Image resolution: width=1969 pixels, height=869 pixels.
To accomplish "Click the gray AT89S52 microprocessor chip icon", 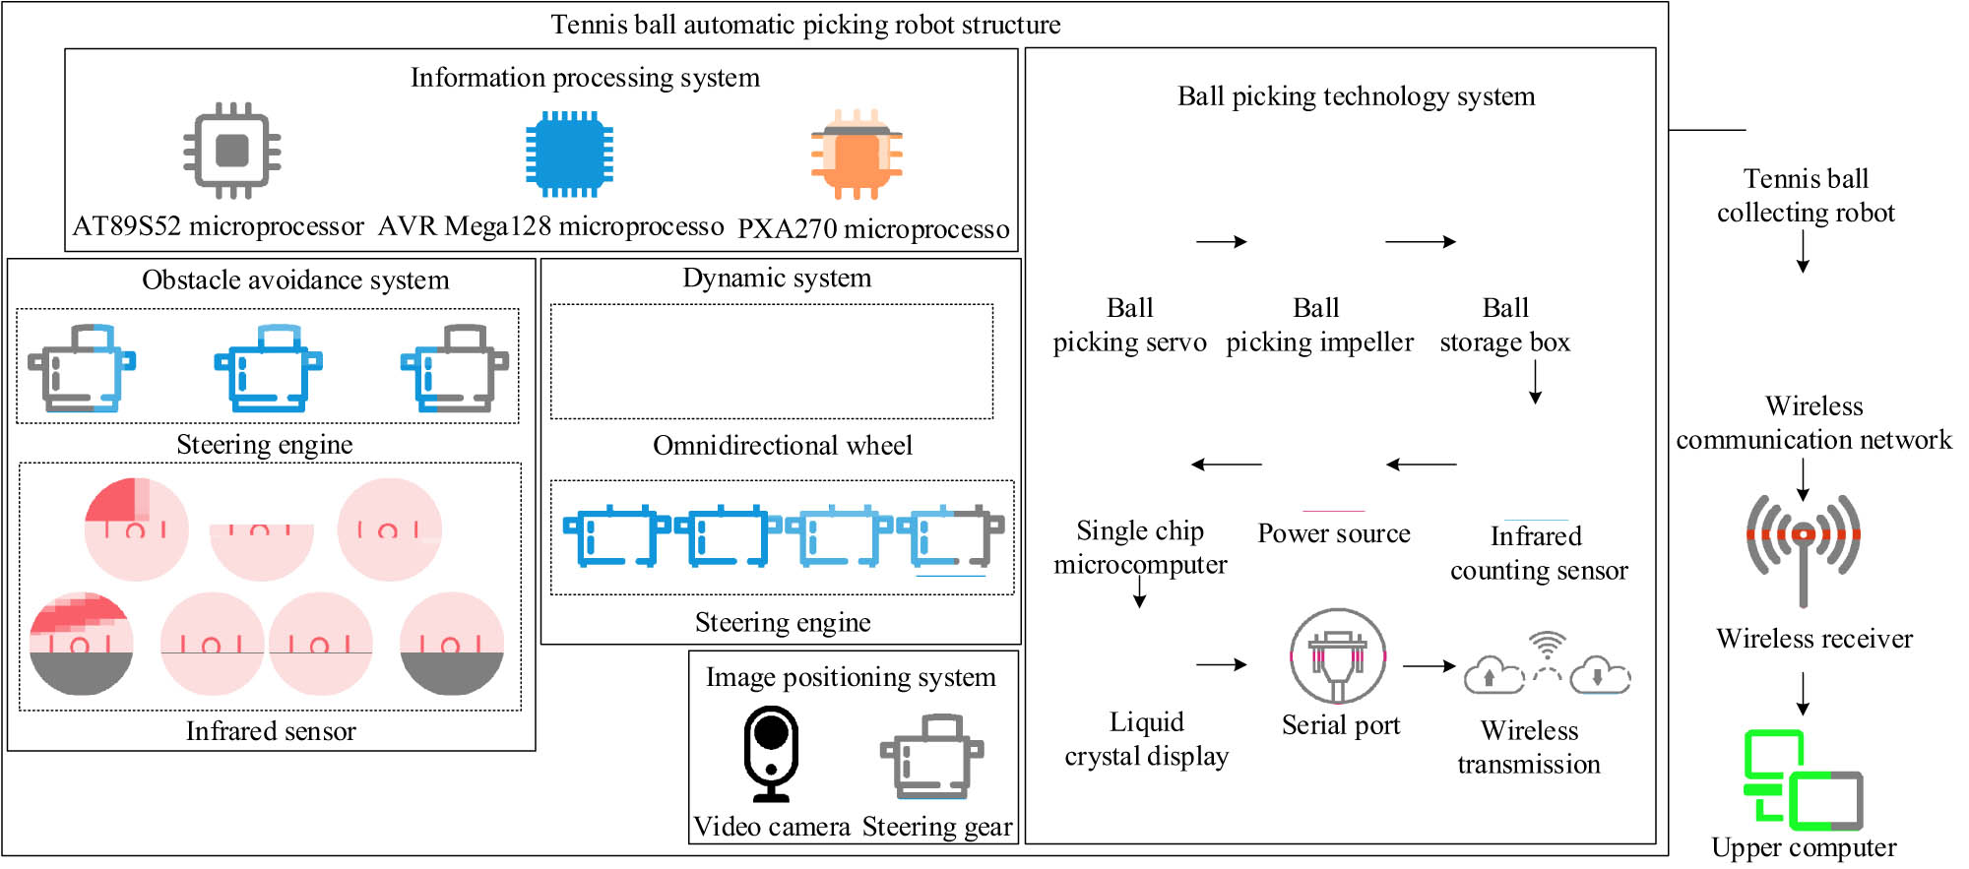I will pos(232,151).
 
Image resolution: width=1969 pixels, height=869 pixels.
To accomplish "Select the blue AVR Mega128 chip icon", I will pos(569,154).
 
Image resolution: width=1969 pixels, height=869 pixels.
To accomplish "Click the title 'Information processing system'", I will pos(585,78).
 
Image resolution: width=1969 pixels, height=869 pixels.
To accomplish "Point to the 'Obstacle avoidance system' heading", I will pos(295,280).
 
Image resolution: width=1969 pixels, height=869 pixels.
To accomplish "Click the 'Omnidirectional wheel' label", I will pos(783,446).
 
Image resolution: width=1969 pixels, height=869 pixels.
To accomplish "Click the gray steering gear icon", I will pos(931,756).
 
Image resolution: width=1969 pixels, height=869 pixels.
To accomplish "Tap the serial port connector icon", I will pos(1338,655).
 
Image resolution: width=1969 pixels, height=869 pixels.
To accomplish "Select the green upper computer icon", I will pos(1803,780).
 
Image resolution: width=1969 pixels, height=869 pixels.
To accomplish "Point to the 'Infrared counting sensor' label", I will pos(1538,553).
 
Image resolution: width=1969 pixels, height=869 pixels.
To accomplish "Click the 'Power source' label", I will pos(1334,533).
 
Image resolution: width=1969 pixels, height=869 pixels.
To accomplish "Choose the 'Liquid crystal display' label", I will pos(1147,739).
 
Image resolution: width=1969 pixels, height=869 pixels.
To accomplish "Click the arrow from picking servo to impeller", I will pos(1222,242).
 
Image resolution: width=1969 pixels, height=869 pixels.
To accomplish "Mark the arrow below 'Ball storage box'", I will pos(1535,383).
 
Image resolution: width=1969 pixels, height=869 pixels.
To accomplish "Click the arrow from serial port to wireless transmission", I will pos(1429,666).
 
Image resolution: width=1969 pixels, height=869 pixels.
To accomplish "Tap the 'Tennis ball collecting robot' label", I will pos(1806,196).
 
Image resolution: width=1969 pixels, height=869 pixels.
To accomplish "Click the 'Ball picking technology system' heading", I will pos(1356,96).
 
